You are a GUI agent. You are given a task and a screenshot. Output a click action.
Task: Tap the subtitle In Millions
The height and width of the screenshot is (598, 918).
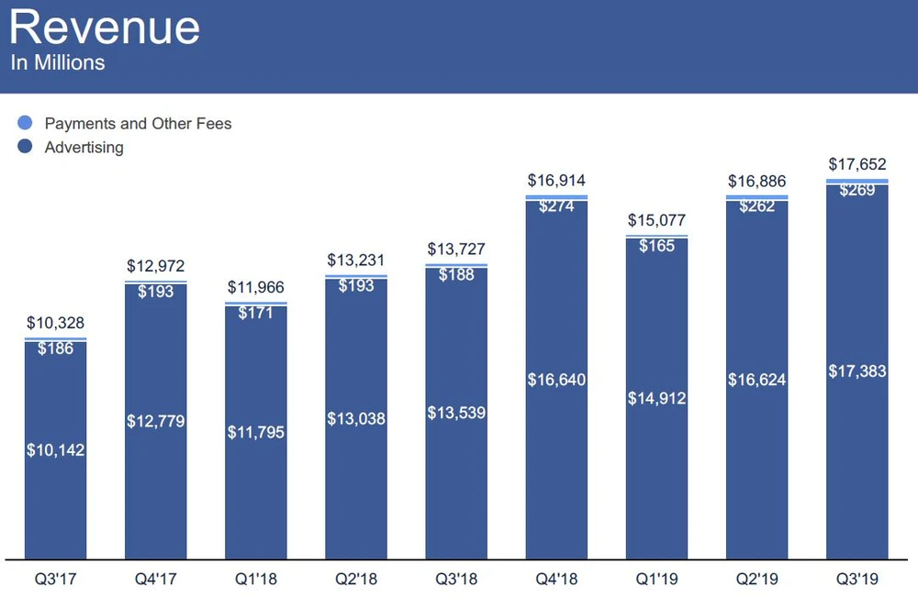[58, 63]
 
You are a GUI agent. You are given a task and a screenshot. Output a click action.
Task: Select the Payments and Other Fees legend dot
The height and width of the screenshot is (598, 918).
[25, 123]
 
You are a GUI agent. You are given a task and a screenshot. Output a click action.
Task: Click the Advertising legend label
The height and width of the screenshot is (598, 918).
[84, 147]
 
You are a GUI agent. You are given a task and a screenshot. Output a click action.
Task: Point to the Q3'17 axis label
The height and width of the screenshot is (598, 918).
[55, 578]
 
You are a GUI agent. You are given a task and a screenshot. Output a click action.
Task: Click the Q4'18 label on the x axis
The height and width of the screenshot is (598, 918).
[556, 578]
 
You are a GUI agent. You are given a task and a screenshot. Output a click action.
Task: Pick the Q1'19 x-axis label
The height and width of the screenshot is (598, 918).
[656, 578]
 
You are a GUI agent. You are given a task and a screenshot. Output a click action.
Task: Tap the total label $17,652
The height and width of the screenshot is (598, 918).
[856, 164]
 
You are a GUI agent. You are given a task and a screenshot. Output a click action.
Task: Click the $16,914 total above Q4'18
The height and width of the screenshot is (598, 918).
[556, 181]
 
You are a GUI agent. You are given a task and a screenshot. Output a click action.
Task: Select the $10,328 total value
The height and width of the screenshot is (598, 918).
[55, 324]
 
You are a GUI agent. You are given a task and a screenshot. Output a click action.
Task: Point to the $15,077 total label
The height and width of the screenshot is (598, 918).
[656, 220]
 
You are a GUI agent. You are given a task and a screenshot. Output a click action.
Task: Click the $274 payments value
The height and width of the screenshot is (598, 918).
[556, 205]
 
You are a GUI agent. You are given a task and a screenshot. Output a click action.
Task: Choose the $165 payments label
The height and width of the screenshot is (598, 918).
[656, 245]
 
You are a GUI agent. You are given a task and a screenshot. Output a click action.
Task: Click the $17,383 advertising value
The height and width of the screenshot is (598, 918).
[856, 371]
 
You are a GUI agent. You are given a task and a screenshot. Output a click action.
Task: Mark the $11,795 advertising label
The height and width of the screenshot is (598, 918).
[256, 432]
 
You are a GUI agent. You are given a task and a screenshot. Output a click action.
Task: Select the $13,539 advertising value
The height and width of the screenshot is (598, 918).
[456, 413]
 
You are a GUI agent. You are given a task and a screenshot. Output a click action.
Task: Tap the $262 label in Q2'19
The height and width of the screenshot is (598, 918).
[756, 205]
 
